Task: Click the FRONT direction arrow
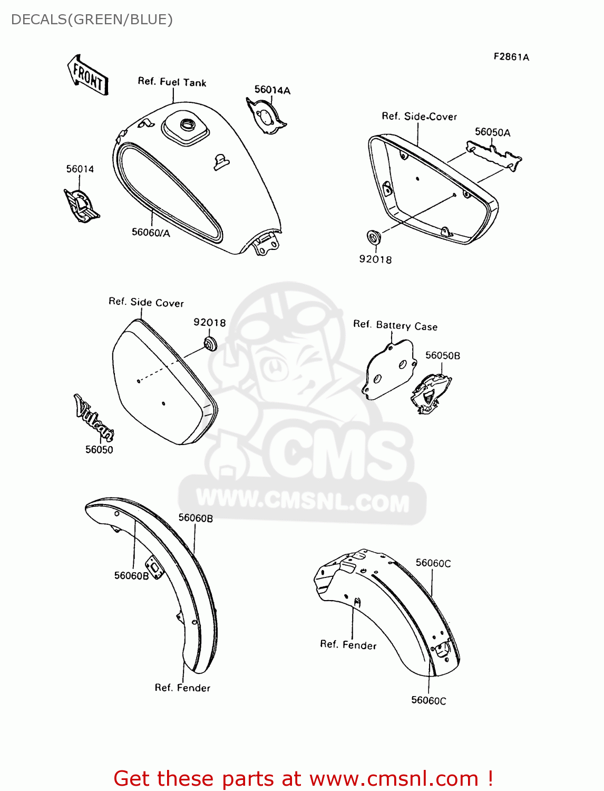pos(87,75)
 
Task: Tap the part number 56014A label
pos(272,90)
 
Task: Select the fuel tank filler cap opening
pos(187,125)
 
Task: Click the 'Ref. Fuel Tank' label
pos(172,82)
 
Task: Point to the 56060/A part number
pos(151,233)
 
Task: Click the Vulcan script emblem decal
pos(94,418)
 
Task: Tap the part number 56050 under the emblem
pos(99,450)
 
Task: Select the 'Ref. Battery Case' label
pos(395,325)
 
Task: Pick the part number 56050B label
pos(443,356)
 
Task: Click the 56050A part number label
pos(492,132)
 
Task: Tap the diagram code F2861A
pos(511,57)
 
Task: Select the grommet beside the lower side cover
pos(210,343)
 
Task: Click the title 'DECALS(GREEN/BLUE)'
pos(92,20)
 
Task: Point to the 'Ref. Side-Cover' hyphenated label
pos(419,117)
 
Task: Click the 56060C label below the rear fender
pos(428,700)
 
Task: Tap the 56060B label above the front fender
pos(196,518)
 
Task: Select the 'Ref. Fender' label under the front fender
pos(182,688)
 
